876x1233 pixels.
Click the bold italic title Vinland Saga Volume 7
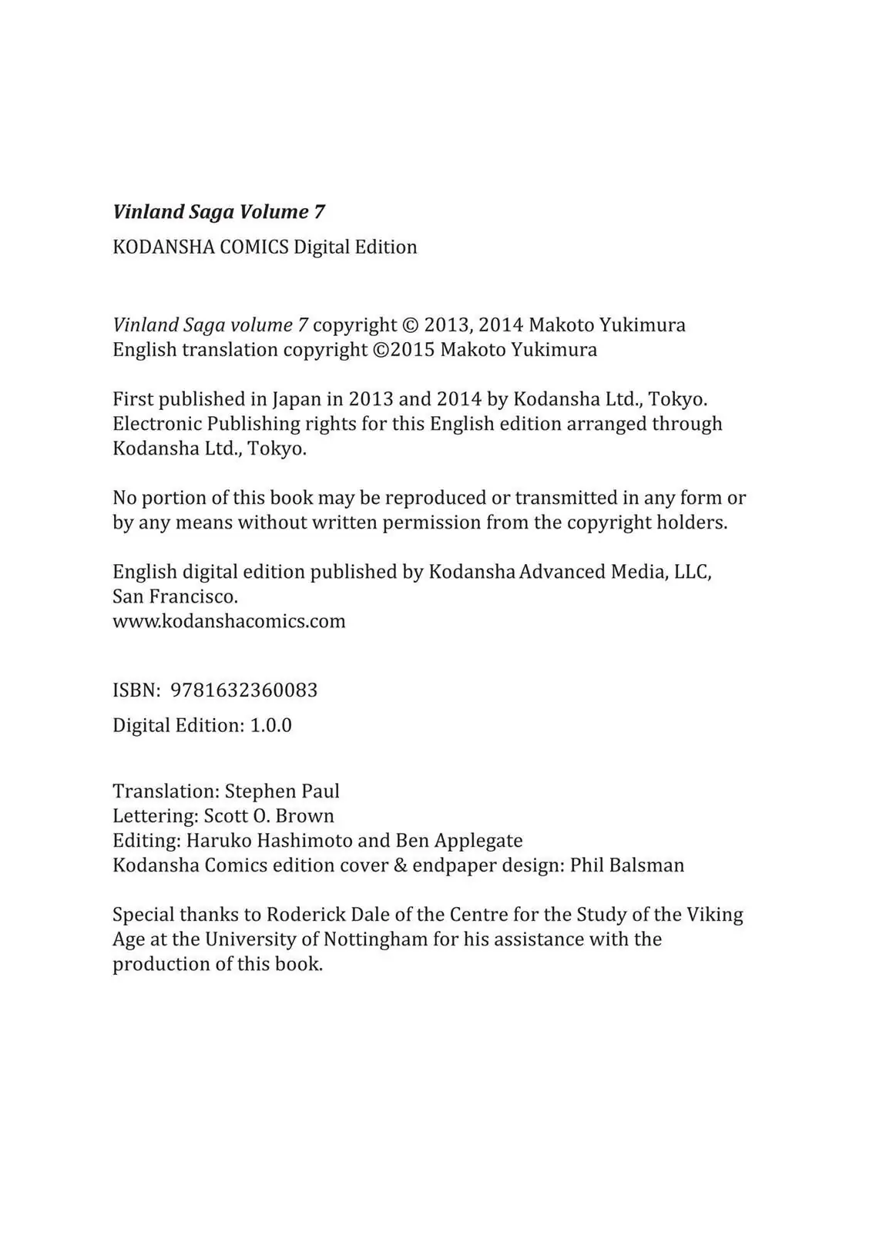pos(219,212)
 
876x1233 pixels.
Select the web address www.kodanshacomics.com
pos(229,621)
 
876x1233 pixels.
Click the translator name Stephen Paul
pos(282,791)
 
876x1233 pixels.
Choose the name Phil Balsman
pos(627,865)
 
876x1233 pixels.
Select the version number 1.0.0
pos(270,726)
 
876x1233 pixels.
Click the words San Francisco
pos(175,596)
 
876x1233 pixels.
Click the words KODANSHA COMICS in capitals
pos(200,247)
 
